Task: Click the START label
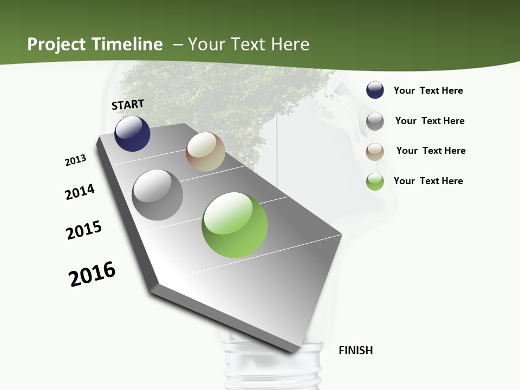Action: (128, 105)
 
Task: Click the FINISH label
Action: (356, 350)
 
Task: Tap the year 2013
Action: (75, 160)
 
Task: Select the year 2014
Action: (80, 192)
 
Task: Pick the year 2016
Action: (92, 274)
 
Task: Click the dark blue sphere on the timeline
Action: (132, 134)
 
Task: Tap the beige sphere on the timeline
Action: (205, 152)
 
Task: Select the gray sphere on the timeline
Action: (158, 195)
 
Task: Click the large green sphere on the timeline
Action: (235, 225)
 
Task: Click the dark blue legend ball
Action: (375, 90)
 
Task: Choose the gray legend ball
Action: (375, 121)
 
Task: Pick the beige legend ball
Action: (375, 152)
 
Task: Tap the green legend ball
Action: (375, 181)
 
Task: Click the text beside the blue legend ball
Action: (428, 91)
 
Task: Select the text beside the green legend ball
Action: (428, 181)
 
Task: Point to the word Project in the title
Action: (56, 44)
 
